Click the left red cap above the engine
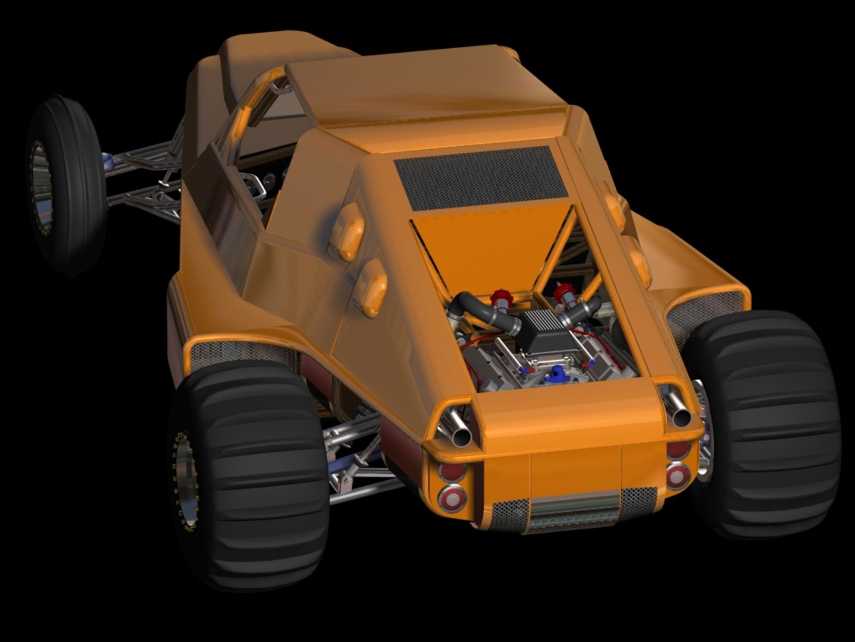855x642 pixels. [x=499, y=299]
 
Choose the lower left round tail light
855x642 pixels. [x=452, y=498]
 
